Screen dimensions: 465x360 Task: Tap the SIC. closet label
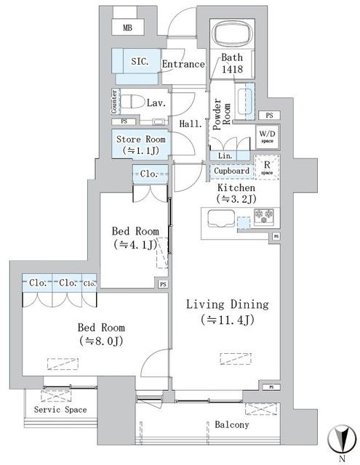(x=140, y=62)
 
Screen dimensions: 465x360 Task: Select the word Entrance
(x=183, y=64)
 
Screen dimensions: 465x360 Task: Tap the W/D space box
(x=266, y=137)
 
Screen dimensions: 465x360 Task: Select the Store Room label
(x=141, y=144)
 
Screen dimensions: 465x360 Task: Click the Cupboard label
(x=232, y=171)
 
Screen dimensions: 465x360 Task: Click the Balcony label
(x=231, y=425)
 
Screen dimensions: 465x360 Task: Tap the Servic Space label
(x=60, y=410)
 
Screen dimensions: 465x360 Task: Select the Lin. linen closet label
(x=223, y=156)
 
